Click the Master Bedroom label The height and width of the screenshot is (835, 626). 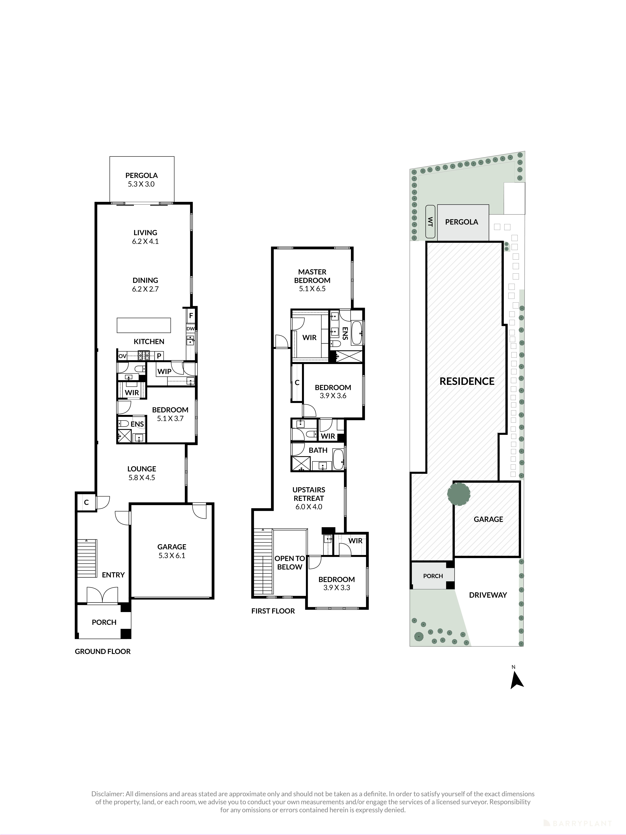[312, 276]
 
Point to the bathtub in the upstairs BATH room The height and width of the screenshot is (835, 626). [338, 459]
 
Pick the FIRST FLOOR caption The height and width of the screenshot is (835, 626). [273, 611]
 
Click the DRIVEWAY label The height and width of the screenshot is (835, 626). [487, 595]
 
